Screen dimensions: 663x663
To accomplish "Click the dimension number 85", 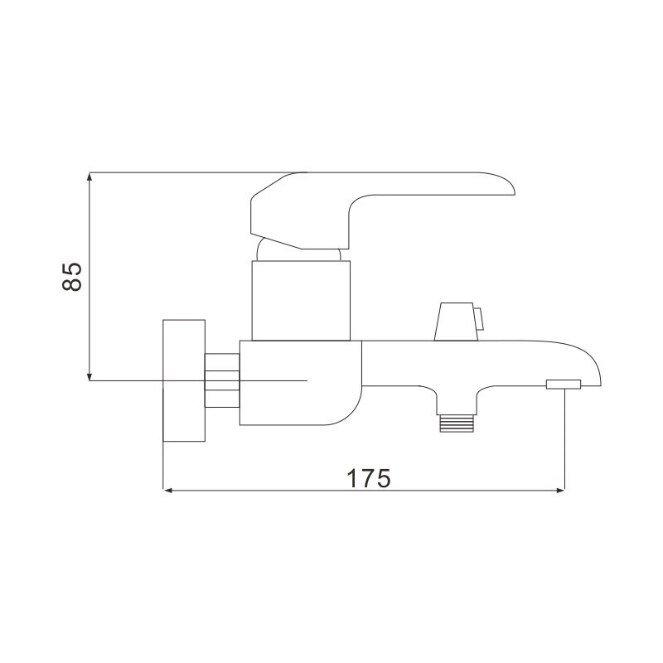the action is [x=72, y=277].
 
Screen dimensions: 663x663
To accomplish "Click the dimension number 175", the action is [x=369, y=478].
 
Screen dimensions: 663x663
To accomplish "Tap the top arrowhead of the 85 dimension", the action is [x=90, y=177].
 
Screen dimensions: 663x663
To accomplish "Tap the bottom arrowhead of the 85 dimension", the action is [x=90, y=376].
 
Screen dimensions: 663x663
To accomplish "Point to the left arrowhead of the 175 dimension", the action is [x=168, y=491].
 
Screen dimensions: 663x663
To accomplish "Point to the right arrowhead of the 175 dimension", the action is [x=560, y=491].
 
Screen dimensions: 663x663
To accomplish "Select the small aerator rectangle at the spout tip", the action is [x=564, y=385].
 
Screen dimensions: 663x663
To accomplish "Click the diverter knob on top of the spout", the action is [x=456, y=322].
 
